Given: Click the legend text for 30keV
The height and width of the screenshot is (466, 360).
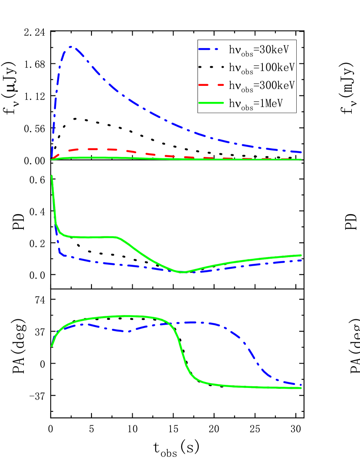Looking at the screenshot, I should pyautogui.click(x=259, y=50).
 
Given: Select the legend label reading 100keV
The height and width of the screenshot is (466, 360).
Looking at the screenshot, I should pyautogui.click(x=262, y=68).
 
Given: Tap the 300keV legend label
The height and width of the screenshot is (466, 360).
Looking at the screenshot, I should pyautogui.click(x=262, y=85).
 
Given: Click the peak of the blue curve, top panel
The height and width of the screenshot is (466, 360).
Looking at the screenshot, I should pyautogui.click(x=70, y=47).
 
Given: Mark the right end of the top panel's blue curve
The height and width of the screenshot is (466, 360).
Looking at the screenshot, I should pyautogui.click(x=301, y=152).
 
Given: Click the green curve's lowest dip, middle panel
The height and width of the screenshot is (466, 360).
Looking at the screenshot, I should pyautogui.click(x=183, y=272).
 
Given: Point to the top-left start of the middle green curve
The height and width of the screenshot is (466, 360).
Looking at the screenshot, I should pyautogui.click(x=52, y=176).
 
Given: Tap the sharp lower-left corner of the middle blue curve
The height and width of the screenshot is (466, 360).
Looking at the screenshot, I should pyautogui.click(x=59, y=252).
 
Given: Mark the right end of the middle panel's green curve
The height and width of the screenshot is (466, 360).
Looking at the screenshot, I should pyautogui.click(x=301, y=255).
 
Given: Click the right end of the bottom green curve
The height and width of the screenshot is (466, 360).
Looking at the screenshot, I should pyautogui.click(x=301, y=388).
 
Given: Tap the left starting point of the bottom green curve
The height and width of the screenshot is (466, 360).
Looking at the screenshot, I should pyautogui.click(x=52, y=346).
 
